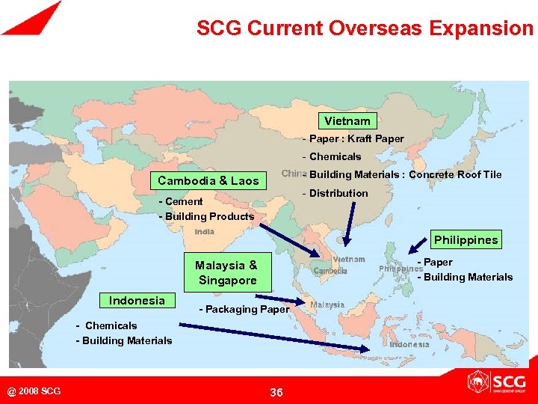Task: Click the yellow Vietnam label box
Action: (x=347, y=120)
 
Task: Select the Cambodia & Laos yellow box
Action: (x=208, y=180)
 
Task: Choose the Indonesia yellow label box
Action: (x=137, y=301)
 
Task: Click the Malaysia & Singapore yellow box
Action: (x=226, y=273)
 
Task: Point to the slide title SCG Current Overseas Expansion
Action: (x=365, y=29)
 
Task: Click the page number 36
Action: (x=276, y=392)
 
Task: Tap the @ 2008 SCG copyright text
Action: (x=34, y=391)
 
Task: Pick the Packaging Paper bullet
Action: (x=244, y=309)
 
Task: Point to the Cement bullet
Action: (x=181, y=201)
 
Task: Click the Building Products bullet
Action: (x=206, y=216)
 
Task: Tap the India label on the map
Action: (x=204, y=233)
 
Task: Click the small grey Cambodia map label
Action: (x=330, y=272)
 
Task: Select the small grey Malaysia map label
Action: (x=327, y=305)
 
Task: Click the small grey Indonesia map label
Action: (x=409, y=345)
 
